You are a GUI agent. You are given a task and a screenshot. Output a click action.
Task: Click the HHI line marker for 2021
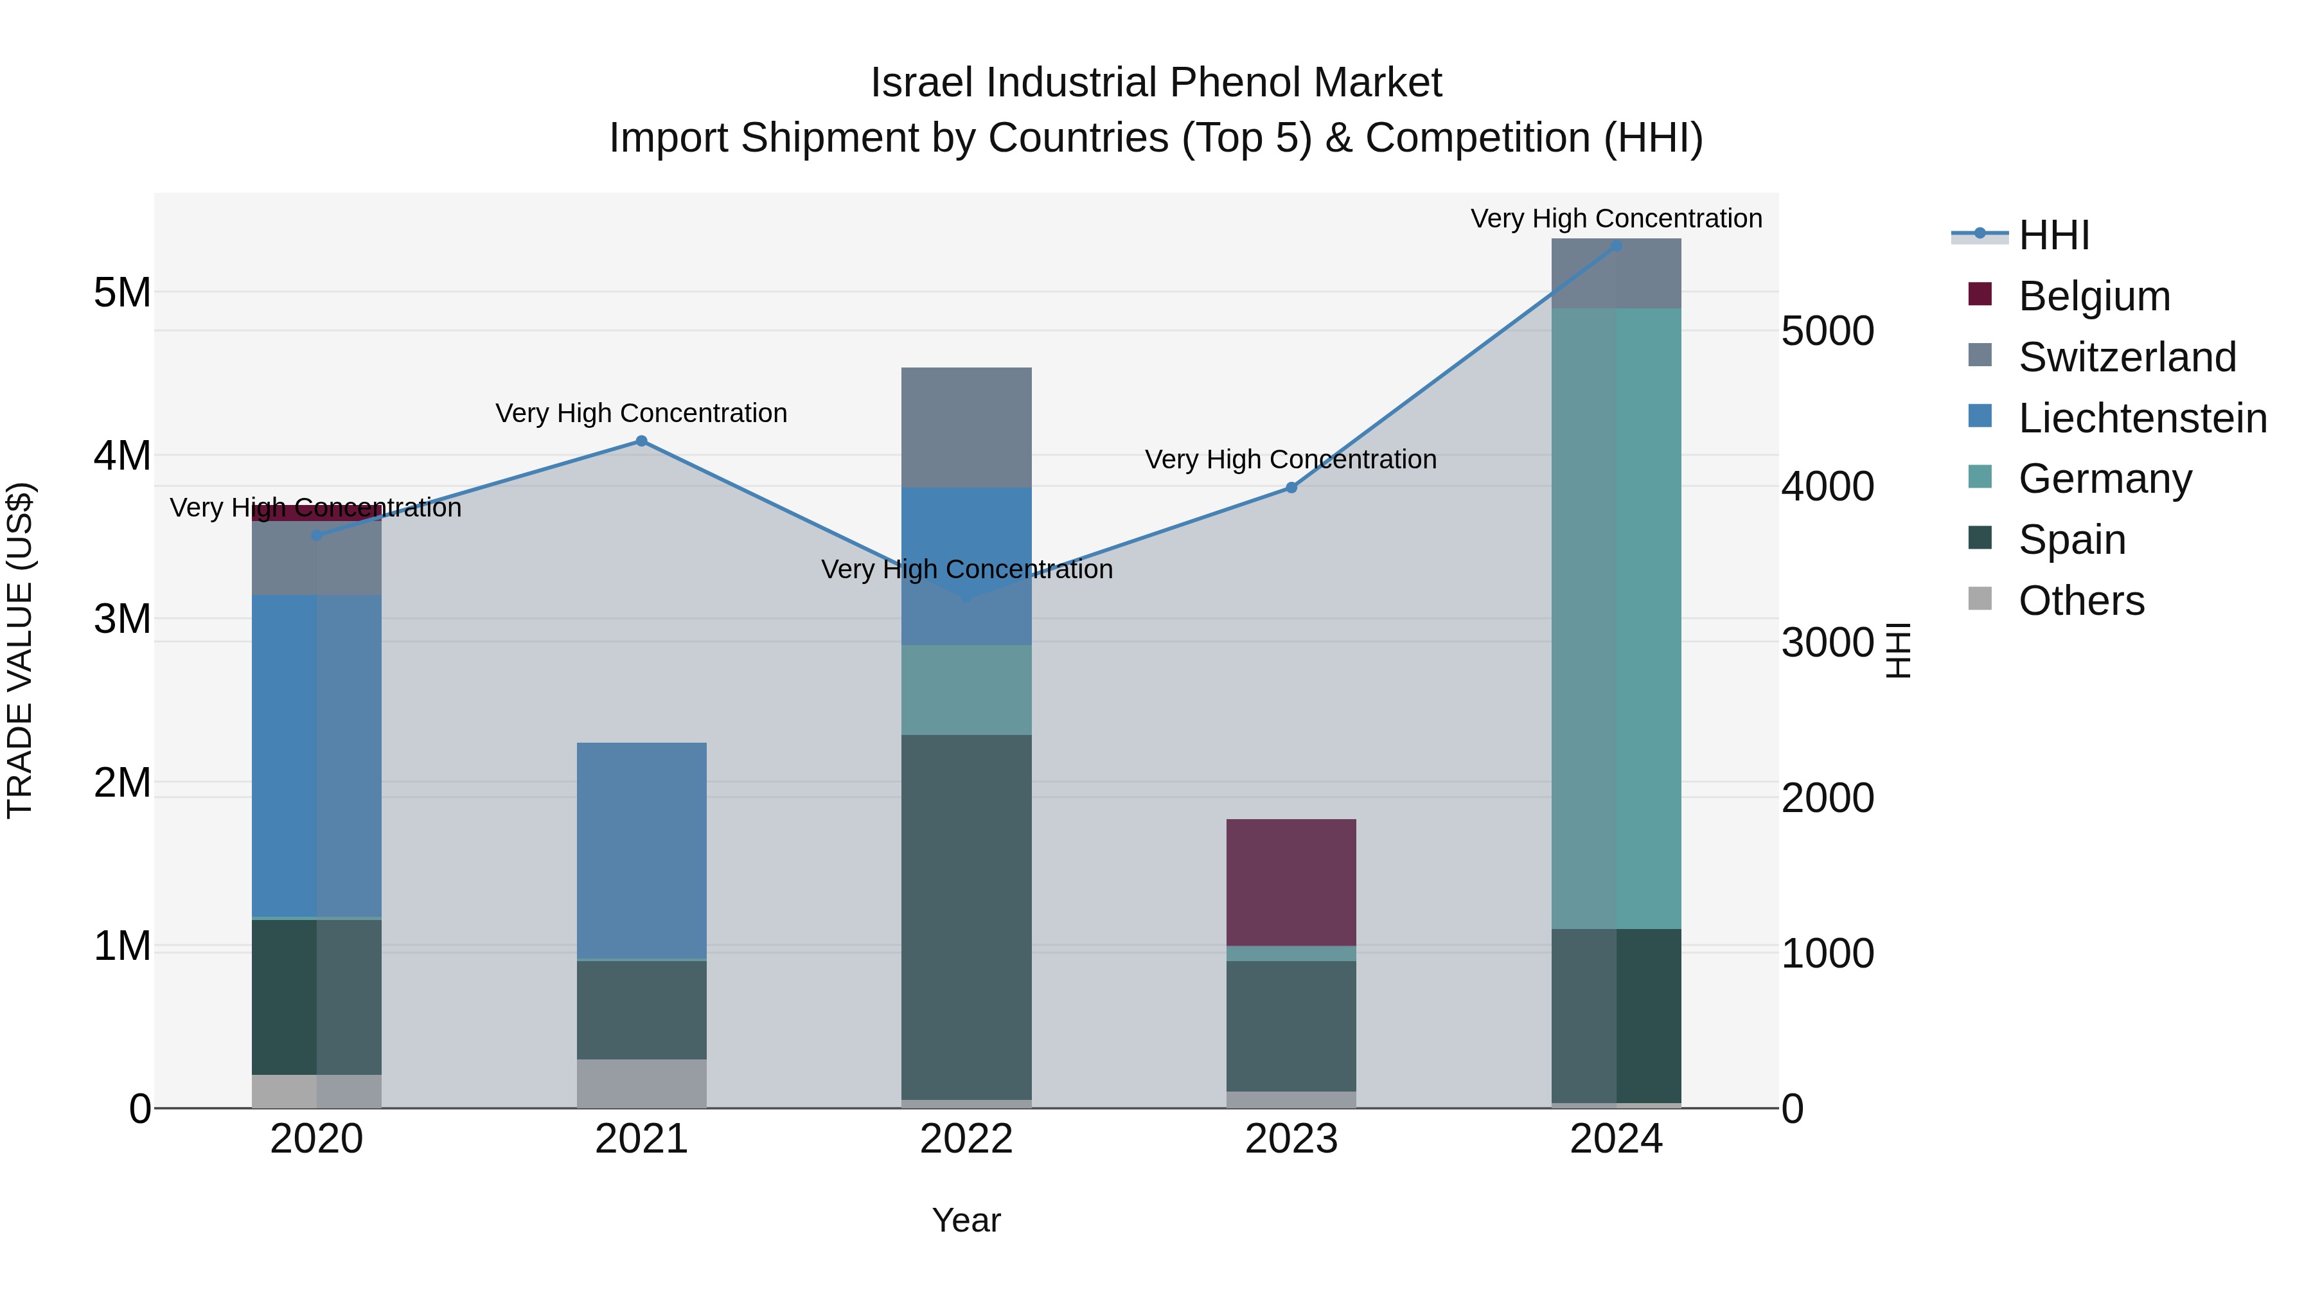tap(641, 441)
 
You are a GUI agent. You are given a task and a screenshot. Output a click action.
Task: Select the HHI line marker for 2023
tap(1291, 488)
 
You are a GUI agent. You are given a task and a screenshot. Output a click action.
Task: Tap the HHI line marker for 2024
tap(1617, 245)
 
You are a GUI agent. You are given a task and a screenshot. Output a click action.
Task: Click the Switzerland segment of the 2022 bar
tap(966, 427)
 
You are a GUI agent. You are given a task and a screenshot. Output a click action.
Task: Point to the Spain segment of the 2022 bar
tap(966, 916)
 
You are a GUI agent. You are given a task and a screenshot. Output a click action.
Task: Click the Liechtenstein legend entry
tap(2141, 418)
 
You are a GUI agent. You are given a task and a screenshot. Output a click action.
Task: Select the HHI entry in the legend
tap(2053, 235)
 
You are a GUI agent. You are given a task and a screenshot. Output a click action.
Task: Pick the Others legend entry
tap(2080, 601)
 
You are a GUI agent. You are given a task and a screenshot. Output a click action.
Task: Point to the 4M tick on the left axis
tap(122, 456)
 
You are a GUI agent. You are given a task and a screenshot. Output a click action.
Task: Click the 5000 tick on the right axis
tap(1827, 332)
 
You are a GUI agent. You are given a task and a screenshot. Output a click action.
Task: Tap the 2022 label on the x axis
tap(966, 1139)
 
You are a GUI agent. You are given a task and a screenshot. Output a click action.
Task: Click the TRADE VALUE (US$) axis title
tap(20, 650)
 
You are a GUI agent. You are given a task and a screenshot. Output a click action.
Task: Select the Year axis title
tap(966, 1220)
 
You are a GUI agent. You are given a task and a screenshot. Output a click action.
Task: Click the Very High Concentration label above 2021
tap(641, 413)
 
